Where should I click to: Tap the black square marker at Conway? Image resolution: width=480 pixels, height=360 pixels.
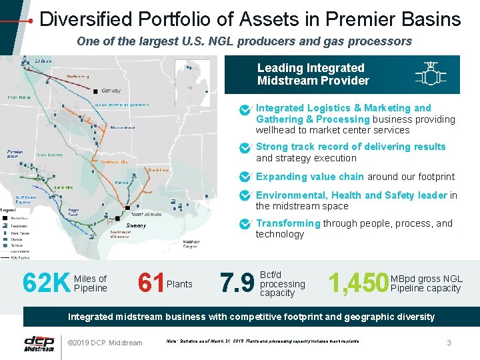coord(97,91)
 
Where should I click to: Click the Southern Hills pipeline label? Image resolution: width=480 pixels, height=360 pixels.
coord(115,161)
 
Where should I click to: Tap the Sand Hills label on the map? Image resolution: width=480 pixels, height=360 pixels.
coord(54,187)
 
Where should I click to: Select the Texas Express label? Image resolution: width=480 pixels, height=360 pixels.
coord(49,155)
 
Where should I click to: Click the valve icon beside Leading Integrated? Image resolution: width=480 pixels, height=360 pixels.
coord(430,74)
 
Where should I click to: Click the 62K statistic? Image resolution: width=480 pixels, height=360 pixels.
coord(45,283)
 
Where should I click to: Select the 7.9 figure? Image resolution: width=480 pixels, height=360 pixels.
coord(237,283)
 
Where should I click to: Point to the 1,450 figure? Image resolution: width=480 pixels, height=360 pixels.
coord(358,283)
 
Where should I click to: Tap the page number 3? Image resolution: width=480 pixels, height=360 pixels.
coord(449,343)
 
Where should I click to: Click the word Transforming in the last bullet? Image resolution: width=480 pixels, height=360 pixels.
coord(288,223)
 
